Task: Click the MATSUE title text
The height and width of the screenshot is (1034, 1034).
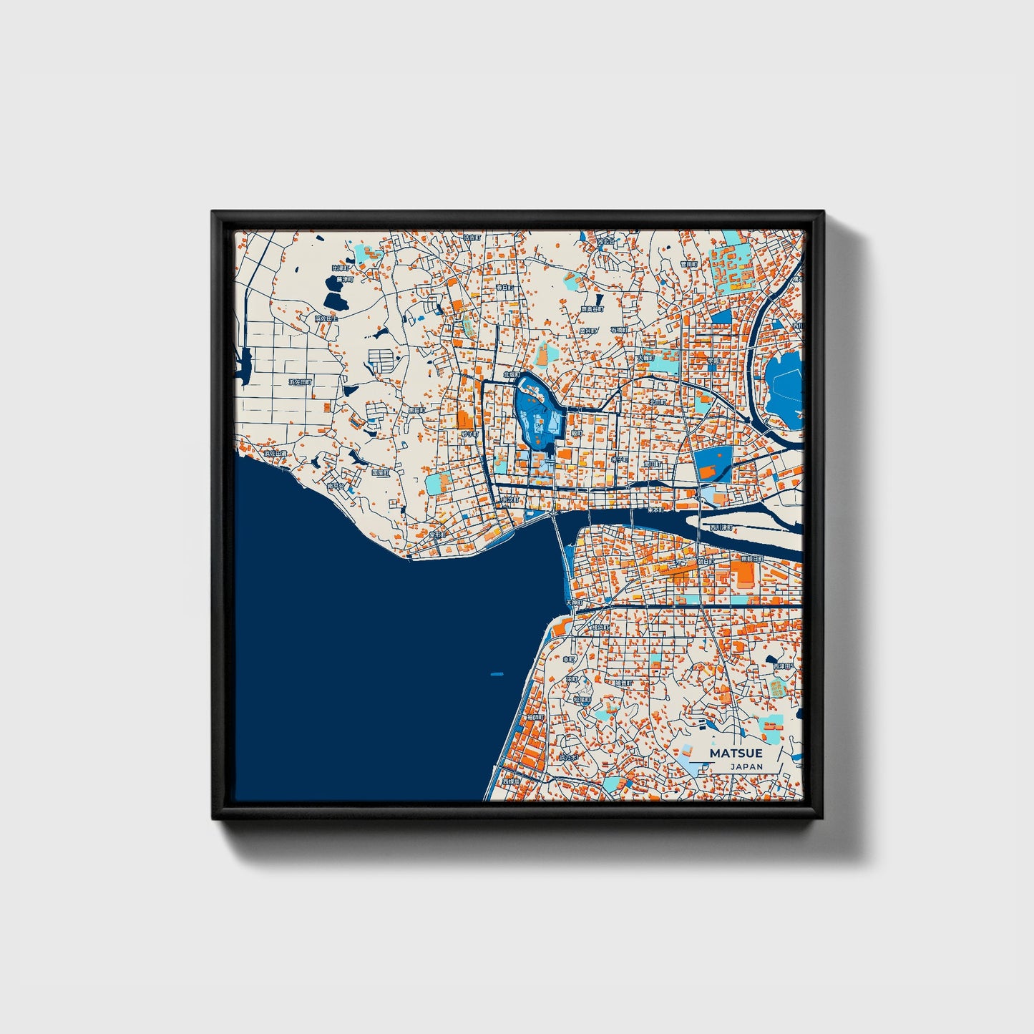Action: coord(736,753)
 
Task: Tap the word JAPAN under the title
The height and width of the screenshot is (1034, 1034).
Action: coord(746,766)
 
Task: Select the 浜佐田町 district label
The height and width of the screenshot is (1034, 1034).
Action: coord(301,383)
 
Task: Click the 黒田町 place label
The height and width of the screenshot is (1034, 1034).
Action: coord(416,411)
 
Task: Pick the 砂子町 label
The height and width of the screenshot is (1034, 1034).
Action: coord(469,434)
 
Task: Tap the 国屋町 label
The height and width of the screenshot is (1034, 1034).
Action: coord(380,472)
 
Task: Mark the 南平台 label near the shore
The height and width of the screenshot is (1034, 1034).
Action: coord(335,486)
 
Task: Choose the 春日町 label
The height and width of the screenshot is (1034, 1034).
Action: coord(504,287)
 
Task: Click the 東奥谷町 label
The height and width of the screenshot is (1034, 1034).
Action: coord(592,309)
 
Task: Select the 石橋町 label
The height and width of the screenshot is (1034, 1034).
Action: coord(619,330)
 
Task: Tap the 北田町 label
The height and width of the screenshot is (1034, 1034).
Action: coord(656,402)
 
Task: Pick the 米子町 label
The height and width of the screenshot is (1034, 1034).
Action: coord(620,459)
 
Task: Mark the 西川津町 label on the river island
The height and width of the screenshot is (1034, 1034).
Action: coord(721,527)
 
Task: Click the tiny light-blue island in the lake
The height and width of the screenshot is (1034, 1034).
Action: coord(497,674)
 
